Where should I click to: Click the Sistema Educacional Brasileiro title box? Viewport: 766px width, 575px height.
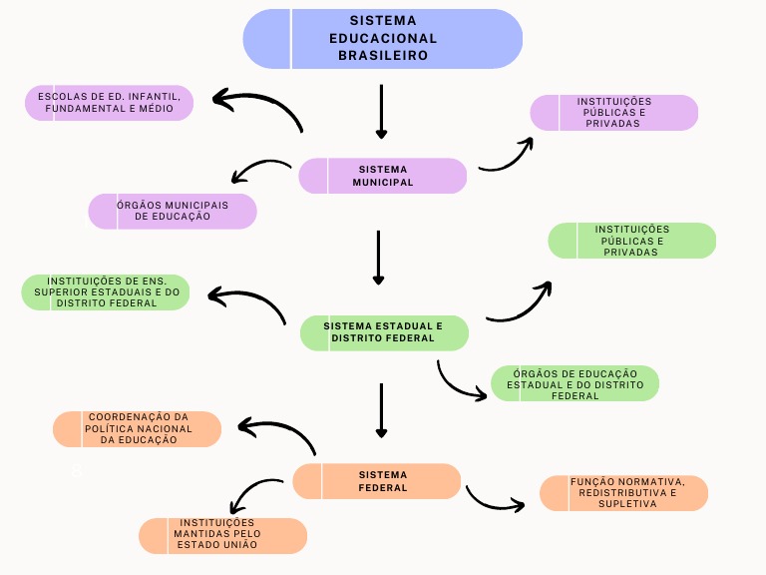(383, 39)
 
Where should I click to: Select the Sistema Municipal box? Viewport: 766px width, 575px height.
(383, 176)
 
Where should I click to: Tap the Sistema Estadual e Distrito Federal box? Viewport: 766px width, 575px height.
(384, 332)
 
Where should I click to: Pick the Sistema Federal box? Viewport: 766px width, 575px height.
(377, 481)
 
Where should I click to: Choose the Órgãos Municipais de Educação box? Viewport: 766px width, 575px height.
(173, 211)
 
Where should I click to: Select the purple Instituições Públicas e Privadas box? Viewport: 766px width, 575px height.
(613, 113)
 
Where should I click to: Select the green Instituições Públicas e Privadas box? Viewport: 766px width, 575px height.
(632, 241)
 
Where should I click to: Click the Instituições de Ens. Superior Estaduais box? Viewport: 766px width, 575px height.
(106, 291)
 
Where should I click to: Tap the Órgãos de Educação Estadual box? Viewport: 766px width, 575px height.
(574, 383)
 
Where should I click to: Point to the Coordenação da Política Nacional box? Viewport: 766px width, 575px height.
(138, 428)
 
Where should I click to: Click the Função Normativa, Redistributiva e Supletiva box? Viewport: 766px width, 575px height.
(624, 492)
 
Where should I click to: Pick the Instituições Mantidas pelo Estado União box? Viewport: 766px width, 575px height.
(222, 535)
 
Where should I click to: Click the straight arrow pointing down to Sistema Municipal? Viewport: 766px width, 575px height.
(381, 111)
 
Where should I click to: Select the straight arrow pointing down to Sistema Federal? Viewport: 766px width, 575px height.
(381, 409)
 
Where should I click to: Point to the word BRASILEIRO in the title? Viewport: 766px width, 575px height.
(383, 56)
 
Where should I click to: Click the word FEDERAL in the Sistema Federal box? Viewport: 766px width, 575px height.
(383, 488)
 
